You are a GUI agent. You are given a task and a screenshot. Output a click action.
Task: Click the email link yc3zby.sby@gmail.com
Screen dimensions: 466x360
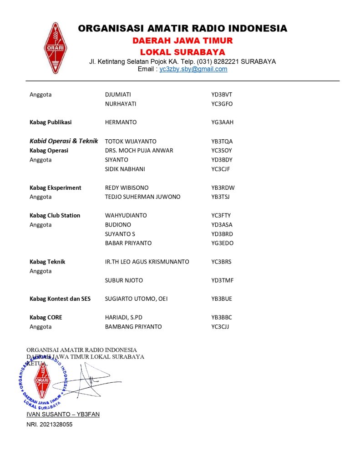pos(193,69)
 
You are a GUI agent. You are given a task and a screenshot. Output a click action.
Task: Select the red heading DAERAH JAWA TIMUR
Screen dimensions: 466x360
pos(183,41)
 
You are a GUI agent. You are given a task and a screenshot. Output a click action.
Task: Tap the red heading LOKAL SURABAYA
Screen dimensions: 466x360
pos(183,52)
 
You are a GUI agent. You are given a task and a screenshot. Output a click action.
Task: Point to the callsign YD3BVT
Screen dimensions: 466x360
pos(222,95)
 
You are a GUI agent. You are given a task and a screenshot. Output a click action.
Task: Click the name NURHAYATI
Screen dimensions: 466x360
pos(121,104)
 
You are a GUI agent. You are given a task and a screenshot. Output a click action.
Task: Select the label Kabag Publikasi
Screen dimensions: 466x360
pos(51,122)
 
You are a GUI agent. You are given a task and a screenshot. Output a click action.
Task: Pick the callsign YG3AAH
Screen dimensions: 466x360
pos(223,122)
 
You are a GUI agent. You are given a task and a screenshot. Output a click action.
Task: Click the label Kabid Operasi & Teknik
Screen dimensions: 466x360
pos(64,141)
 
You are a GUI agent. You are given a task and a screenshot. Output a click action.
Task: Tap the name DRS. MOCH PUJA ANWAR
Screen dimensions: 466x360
pos(139,151)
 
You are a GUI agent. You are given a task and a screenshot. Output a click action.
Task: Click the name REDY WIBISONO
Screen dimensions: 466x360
pos(127,187)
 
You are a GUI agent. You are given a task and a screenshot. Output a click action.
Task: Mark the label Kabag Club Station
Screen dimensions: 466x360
pos(55,215)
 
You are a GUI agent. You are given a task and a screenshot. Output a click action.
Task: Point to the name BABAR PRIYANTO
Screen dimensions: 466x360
pos(128,243)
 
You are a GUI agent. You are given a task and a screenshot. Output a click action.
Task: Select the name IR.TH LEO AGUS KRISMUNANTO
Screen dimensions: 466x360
pos(147,262)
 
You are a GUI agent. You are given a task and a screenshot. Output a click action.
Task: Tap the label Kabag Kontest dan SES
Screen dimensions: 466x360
pos(60,299)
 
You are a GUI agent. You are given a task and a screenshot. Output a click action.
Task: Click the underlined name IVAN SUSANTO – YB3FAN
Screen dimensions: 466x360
pos(63,414)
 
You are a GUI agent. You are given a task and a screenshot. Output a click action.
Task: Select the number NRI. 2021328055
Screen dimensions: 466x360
pos(50,425)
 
